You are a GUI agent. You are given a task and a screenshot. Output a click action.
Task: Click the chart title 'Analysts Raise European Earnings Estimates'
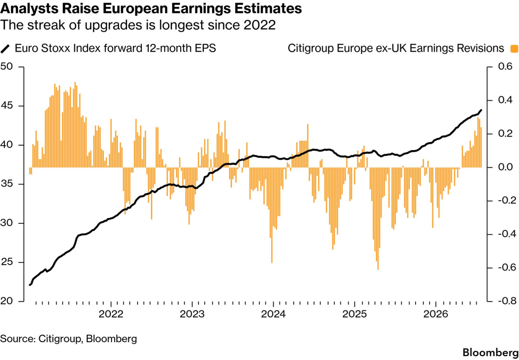[151, 9]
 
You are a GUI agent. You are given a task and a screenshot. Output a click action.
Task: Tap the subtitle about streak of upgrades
[138, 25]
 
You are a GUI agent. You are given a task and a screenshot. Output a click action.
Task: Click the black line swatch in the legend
[5, 49]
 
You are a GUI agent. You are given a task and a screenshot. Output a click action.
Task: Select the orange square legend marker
[514, 49]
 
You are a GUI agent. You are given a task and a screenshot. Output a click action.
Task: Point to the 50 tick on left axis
[6, 67]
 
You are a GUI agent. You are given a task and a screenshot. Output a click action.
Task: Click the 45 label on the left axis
[6, 106]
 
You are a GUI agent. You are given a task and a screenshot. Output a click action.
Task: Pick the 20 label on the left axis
[6, 301]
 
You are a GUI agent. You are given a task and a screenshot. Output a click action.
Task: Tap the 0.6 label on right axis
[505, 67]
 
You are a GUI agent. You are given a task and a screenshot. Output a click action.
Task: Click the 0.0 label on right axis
[505, 167]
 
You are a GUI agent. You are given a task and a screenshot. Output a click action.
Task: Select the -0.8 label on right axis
[507, 301]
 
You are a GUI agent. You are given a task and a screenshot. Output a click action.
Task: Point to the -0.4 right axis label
[507, 234]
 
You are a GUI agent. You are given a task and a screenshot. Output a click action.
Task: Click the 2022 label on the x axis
[111, 314]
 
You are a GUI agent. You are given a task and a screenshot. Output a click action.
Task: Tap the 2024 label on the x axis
[273, 314]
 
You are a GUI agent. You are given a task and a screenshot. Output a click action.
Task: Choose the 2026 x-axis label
[436, 314]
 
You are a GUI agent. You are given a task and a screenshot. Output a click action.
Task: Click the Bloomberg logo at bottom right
[490, 353]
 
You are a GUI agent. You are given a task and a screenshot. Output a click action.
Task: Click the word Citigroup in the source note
[60, 339]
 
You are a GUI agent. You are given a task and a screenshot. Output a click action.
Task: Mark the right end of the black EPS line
[481, 110]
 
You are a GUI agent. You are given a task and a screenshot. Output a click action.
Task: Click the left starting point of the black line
[30, 285]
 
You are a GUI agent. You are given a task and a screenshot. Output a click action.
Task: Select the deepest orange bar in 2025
[378, 218]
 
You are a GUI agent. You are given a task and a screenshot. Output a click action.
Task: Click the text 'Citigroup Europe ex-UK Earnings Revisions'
[396, 48]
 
